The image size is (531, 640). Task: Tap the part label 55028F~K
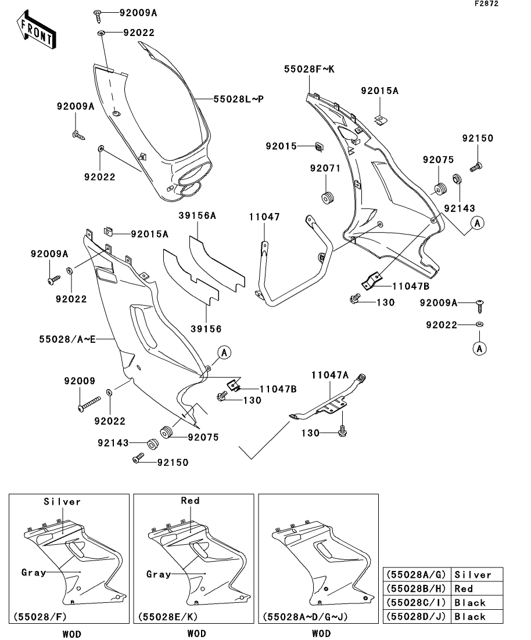coord(310,70)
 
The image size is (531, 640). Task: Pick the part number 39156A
coord(197,216)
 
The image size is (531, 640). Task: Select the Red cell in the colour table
coord(464,588)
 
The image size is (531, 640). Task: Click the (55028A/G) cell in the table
coord(416,574)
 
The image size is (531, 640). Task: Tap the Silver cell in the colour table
coord(473,574)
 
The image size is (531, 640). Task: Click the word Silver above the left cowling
coord(63,501)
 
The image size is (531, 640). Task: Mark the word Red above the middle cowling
coord(190,501)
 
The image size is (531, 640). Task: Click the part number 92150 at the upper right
coord(478,139)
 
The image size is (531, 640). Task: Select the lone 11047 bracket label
coord(265,217)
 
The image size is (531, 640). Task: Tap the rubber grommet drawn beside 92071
coord(328,197)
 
